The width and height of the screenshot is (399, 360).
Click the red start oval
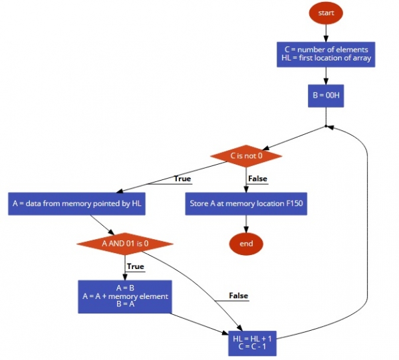pyautogui.click(x=326, y=13)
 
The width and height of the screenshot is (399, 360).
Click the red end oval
pyautogui.click(x=246, y=244)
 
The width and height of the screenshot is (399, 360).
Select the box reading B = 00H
pyautogui.click(x=326, y=95)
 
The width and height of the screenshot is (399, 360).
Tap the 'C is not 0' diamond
pyautogui.click(x=246, y=156)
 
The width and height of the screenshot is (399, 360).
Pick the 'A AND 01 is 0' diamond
pyautogui.click(x=125, y=243)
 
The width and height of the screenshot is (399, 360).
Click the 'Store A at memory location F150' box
pyautogui.click(x=246, y=204)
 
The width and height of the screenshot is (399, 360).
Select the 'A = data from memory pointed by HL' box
pyautogui.click(x=76, y=204)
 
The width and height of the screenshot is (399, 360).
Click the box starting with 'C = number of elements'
pyautogui.click(x=326, y=54)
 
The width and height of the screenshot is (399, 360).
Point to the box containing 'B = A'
pyautogui.click(x=125, y=296)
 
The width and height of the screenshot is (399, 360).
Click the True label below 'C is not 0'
pyautogui.click(x=182, y=179)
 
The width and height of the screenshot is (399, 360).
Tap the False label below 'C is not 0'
pyautogui.click(x=257, y=179)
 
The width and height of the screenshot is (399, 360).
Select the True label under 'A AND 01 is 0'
pyautogui.click(x=135, y=266)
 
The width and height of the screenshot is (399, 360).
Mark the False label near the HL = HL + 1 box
pyautogui.click(x=239, y=296)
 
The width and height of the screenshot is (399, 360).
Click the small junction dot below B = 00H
pyautogui.click(x=326, y=126)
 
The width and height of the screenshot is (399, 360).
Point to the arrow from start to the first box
pyautogui.click(x=326, y=33)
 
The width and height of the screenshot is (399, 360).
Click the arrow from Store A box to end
pyautogui.click(x=246, y=224)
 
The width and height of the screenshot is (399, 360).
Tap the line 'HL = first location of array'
pyautogui.click(x=326, y=58)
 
